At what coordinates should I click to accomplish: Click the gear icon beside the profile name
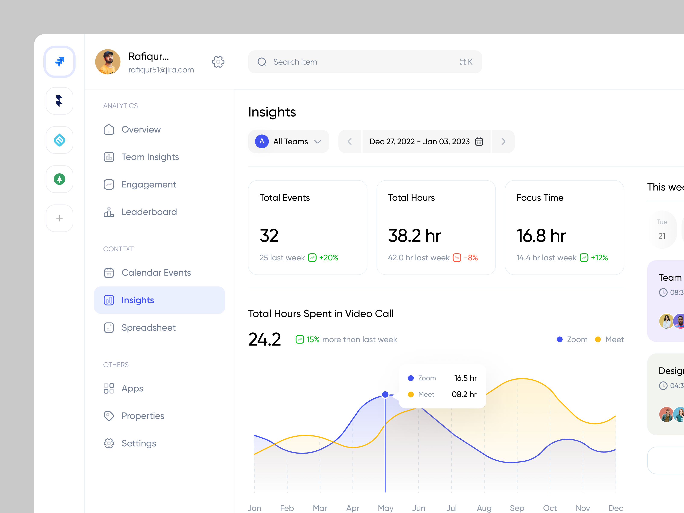(x=218, y=62)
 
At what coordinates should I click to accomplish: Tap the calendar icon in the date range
(x=479, y=141)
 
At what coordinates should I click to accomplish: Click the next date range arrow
(x=503, y=141)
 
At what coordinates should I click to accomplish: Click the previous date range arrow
(x=350, y=141)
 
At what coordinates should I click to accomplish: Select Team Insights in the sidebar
(x=150, y=157)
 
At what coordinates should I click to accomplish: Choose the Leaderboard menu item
(x=149, y=212)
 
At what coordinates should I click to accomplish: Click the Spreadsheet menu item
(x=148, y=328)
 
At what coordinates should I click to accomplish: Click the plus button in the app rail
(x=59, y=218)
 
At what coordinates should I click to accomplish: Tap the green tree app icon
(x=59, y=179)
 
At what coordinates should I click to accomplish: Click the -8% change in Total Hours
(x=470, y=258)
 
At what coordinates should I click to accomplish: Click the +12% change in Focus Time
(x=599, y=258)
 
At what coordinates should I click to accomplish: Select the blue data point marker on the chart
(x=385, y=394)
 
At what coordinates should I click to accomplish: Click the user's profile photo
(x=108, y=62)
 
